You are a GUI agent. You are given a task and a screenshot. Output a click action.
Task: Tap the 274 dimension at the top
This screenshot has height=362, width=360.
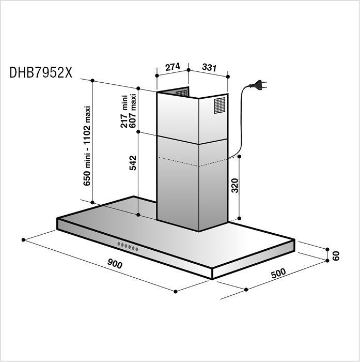pos(173,67)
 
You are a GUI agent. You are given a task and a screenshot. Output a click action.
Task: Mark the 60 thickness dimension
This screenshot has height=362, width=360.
pos(336,255)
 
